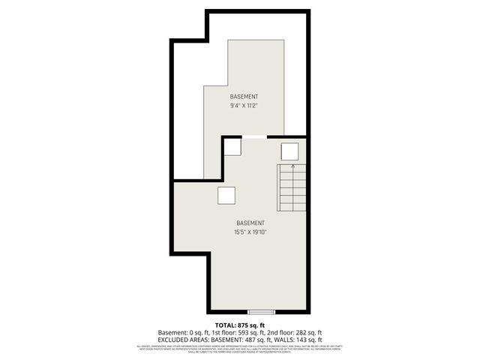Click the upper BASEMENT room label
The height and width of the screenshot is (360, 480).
pyautogui.click(x=244, y=97)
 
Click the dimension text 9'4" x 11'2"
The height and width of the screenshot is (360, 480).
pyautogui.click(x=244, y=106)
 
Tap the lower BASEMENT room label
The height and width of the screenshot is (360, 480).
pyautogui.click(x=250, y=223)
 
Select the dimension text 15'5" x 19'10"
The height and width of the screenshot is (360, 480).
pyautogui.click(x=250, y=232)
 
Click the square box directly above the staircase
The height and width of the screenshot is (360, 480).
pyautogui.click(x=289, y=151)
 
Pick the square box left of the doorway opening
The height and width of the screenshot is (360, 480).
pyautogui.click(x=232, y=146)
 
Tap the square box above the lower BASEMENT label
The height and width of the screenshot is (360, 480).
pyautogui.click(x=226, y=196)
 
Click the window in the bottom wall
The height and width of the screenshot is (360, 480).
pyautogui.click(x=262, y=311)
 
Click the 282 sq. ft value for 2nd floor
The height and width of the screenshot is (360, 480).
pyautogui.click(x=306, y=332)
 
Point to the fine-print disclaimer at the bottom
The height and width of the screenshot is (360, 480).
pyautogui.click(x=240, y=349)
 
